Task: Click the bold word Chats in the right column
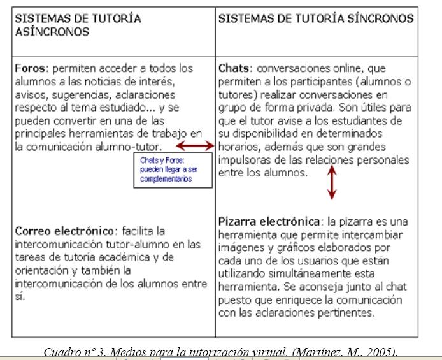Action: [233, 67]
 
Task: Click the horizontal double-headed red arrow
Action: [195, 146]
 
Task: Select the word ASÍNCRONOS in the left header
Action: [52, 31]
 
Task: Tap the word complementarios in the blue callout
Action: [167, 180]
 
